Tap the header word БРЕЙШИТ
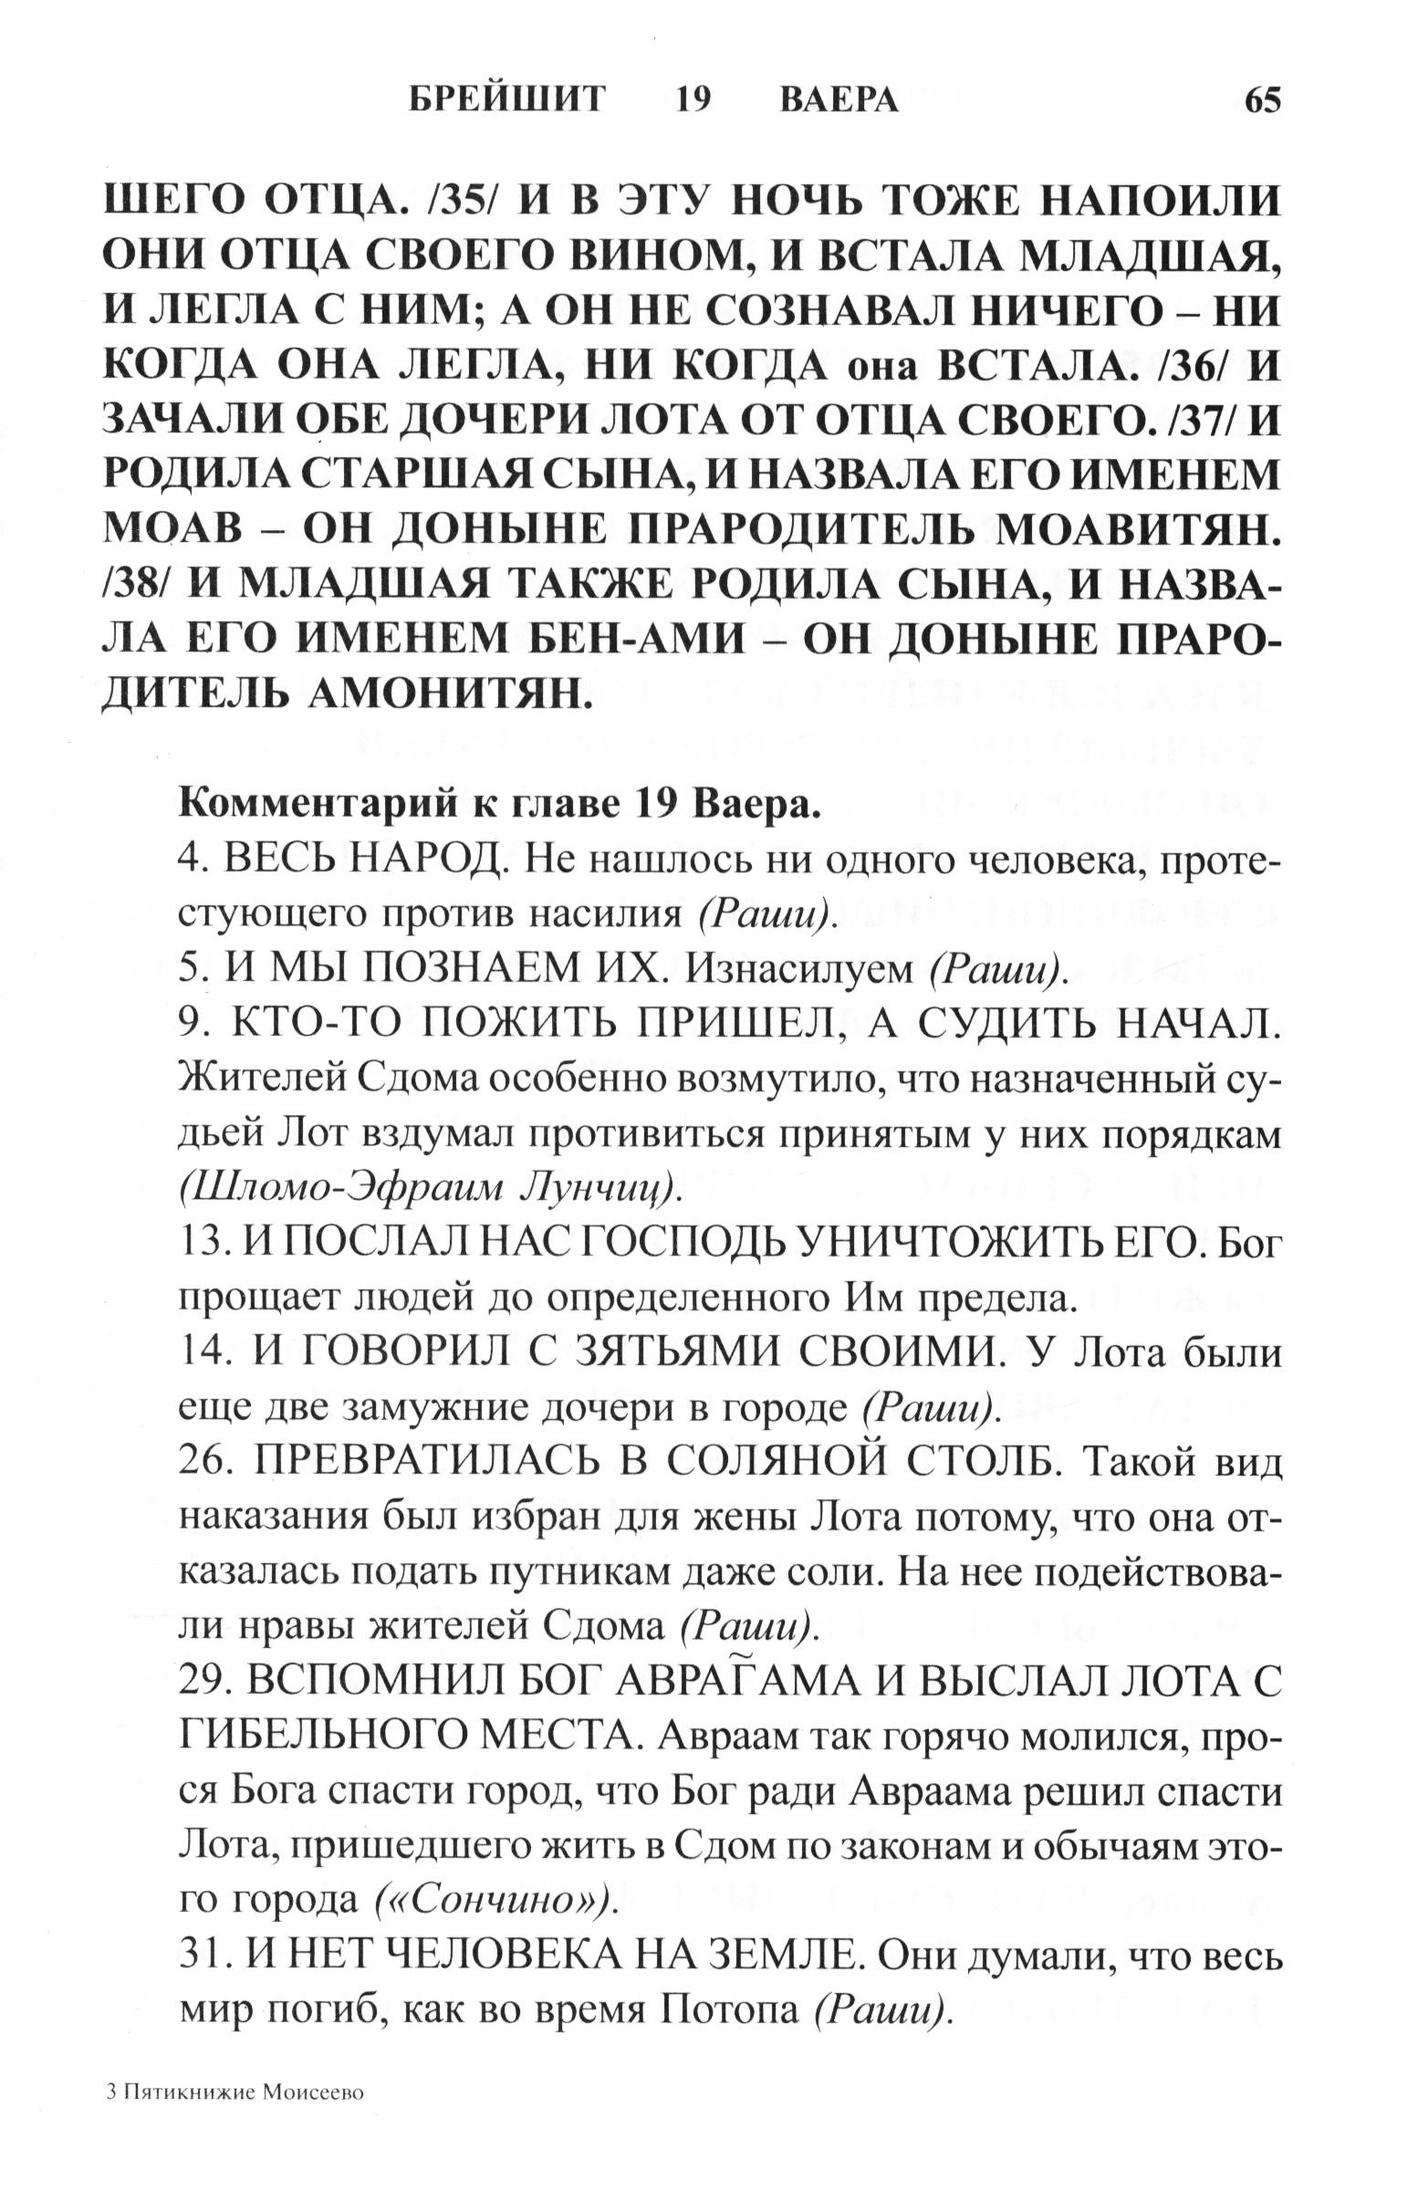(507, 99)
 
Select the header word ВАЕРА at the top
(839, 99)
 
